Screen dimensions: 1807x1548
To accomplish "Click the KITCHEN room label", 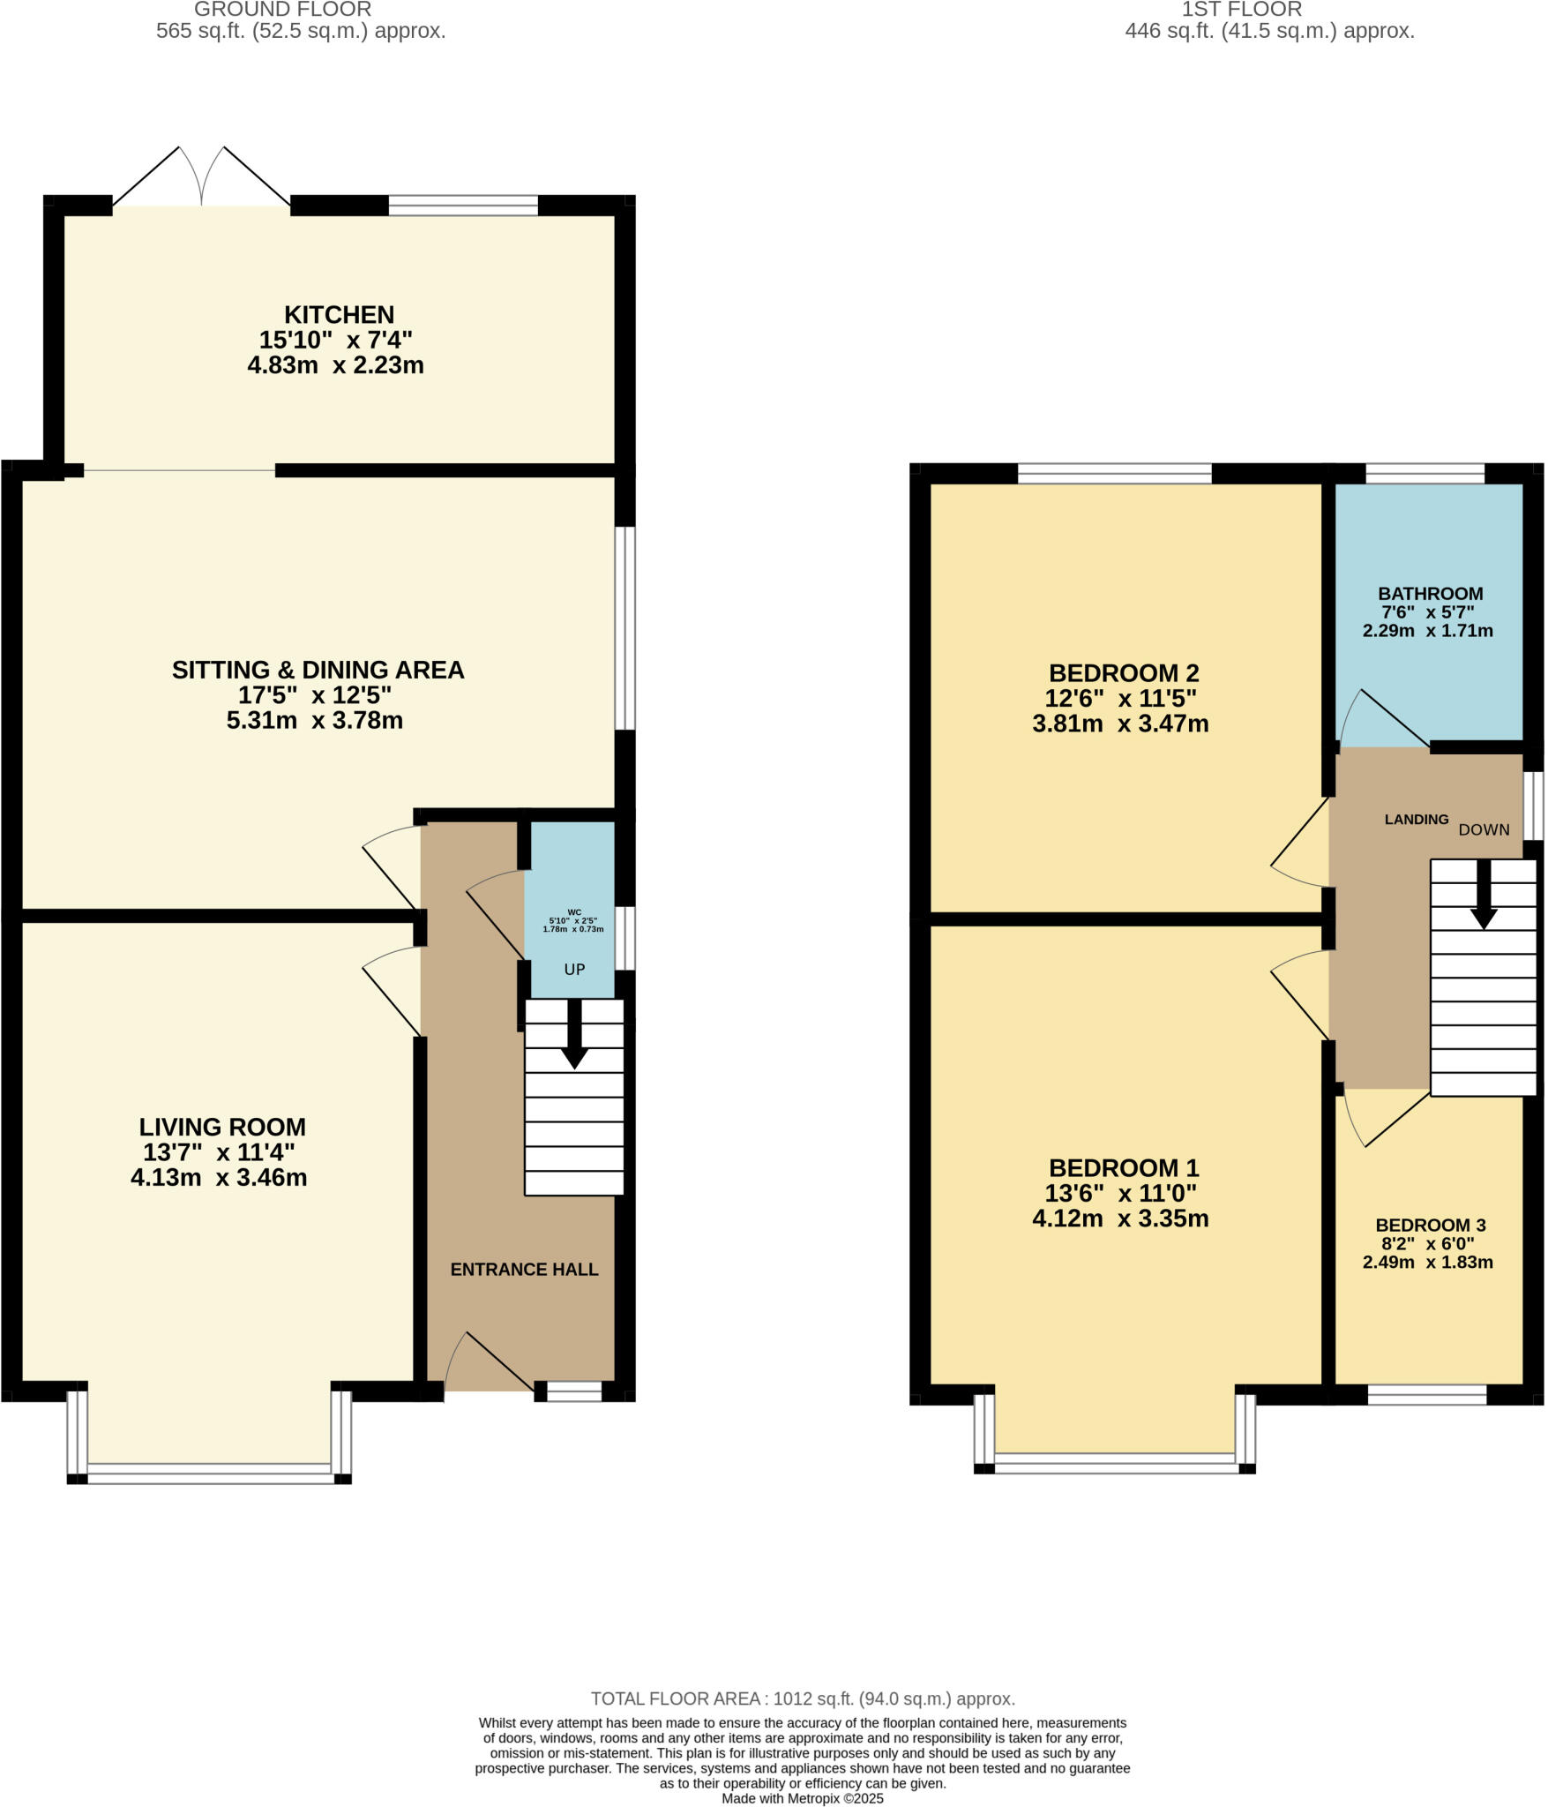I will pyautogui.click(x=339, y=315).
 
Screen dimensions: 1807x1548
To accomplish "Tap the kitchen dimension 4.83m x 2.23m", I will pyautogui.click(x=335, y=365).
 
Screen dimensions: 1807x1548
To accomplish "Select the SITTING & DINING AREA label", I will pyautogui.click(x=318, y=671).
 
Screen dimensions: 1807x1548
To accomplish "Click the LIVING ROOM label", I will pyautogui.click(x=222, y=1128).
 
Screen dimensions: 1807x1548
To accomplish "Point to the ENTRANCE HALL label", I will pyautogui.click(x=524, y=1270).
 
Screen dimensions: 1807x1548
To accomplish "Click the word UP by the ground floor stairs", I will pyautogui.click(x=574, y=970).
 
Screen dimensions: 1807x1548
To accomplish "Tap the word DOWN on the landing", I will pyautogui.click(x=1484, y=830).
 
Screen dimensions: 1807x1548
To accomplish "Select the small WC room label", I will pyautogui.click(x=574, y=912).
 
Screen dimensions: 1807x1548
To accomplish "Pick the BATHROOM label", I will pyautogui.click(x=1431, y=594).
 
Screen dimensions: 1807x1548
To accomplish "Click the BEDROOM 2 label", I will pyautogui.click(x=1124, y=673).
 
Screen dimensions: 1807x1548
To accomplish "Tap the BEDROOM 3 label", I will pyautogui.click(x=1431, y=1226).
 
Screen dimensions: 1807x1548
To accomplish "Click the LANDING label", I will pyautogui.click(x=1416, y=820).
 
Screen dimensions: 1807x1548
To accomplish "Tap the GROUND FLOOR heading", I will pyautogui.click(x=282, y=10).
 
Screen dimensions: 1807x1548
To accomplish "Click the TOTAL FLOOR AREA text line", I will pyautogui.click(x=803, y=1698).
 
